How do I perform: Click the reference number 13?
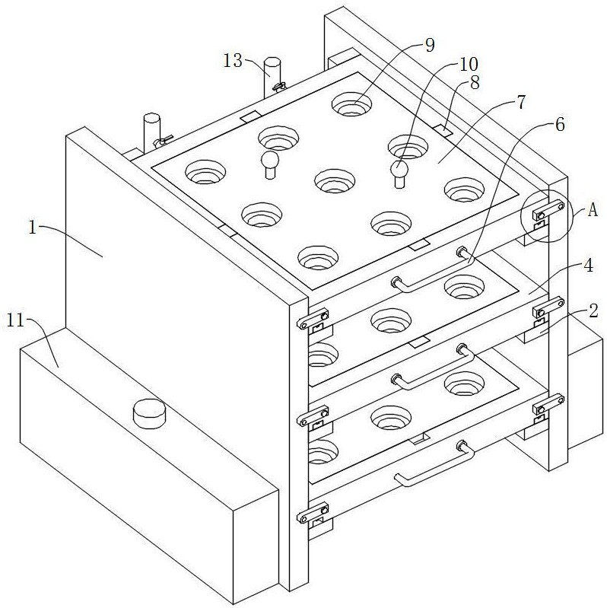coord(233,61)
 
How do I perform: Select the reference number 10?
coord(469,65)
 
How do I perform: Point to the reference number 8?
coord(475,82)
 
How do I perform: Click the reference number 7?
coord(520,103)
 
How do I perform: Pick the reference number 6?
coord(560,125)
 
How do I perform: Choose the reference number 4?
coord(588,266)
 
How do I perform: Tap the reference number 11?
coord(16,321)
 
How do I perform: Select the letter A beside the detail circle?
coord(593,210)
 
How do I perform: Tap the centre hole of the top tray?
coord(335,181)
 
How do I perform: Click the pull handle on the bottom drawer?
coord(434,463)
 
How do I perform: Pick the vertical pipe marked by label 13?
coord(272,78)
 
